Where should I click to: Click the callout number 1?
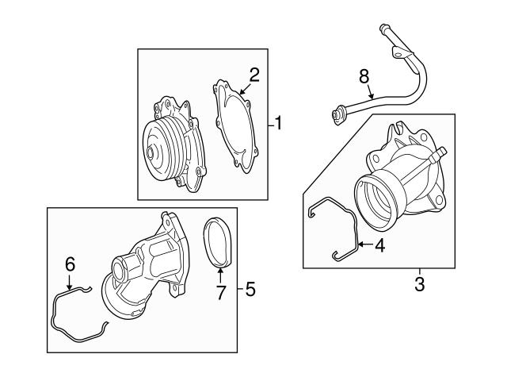(278, 123)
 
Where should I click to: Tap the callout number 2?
(254, 75)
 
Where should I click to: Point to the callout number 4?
(380, 246)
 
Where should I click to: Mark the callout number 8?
(364, 77)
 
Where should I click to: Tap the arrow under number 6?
(69, 282)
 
